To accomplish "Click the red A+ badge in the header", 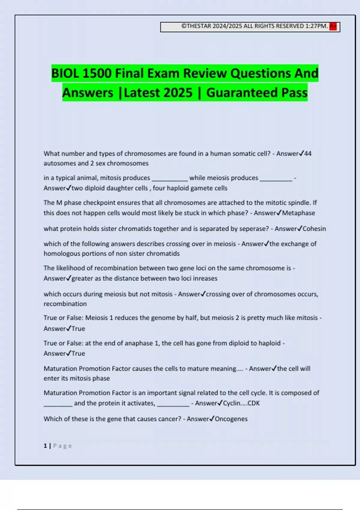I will (x=333, y=26).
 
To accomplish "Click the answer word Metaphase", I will (x=298, y=213).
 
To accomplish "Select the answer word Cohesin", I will (x=314, y=229).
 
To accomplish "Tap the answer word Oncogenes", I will (x=231, y=419).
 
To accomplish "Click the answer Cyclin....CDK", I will (x=241, y=403).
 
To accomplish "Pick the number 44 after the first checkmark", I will (x=307, y=154).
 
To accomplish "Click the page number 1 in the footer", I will (x=45, y=446).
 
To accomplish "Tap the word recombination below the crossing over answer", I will (x=65, y=304).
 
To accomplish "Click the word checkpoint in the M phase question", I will (x=99, y=203).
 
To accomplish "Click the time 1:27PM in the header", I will (x=316, y=26).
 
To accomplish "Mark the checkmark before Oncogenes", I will (x=212, y=418).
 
